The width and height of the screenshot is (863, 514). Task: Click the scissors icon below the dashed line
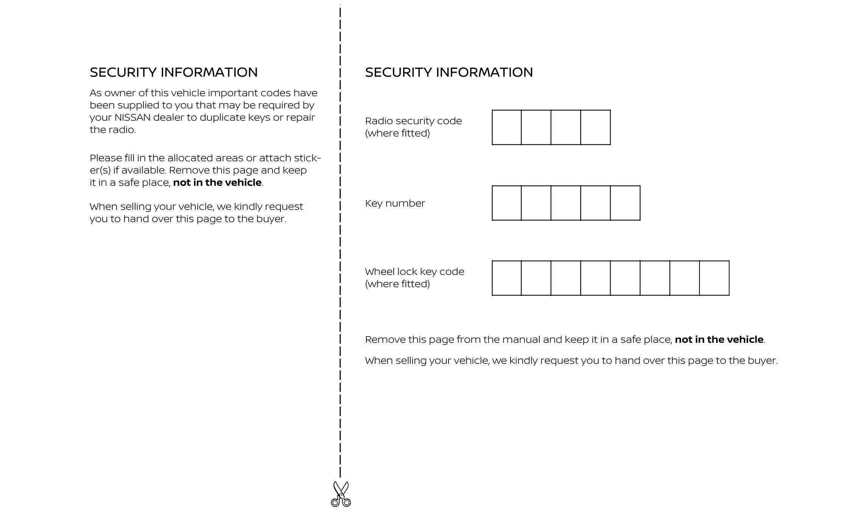click(x=341, y=494)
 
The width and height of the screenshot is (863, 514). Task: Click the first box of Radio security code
click(x=506, y=128)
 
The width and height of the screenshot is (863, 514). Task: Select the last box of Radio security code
click(x=595, y=128)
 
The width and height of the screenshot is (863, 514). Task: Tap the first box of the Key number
click(x=506, y=203)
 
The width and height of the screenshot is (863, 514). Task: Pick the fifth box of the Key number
click(x=625, y=203)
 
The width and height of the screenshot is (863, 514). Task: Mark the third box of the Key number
click(x=566, y=203)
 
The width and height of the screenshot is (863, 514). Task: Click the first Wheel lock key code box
click(x=506, y=278)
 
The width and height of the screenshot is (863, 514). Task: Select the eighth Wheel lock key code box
click(x=714, y=278)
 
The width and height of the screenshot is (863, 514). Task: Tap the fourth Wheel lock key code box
click(x=595, y=278)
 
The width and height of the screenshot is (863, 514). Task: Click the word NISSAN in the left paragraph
click(x=132, y=118)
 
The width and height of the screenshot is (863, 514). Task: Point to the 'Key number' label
click(x=395, y=204)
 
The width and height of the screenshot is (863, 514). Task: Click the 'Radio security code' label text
click(x=413, y=121)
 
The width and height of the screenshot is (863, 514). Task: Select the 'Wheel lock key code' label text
click(x=414, y=272)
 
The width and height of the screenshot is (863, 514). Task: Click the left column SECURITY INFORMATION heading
click(x=174, y=72)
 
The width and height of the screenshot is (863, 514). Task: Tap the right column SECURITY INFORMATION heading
click(x=449, y=72)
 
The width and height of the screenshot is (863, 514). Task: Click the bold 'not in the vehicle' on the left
click(x=217, y=183)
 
